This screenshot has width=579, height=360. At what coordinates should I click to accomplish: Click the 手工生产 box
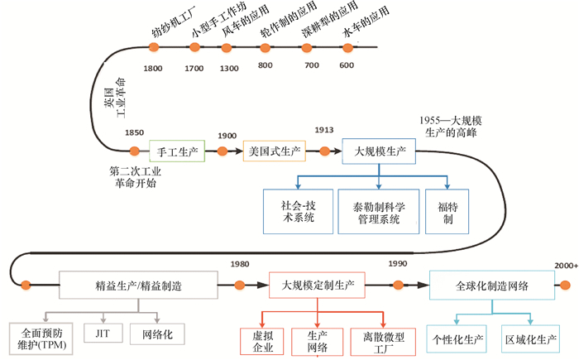click(x=175, y=151)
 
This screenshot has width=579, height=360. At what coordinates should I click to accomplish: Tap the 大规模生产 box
click(x=379, y=152)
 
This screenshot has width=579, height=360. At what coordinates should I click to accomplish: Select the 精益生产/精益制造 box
click(x=145, y=286)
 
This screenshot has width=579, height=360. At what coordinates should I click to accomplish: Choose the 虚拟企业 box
click(x=261, y=340)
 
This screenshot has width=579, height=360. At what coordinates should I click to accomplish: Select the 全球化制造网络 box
click(x=492, y=286)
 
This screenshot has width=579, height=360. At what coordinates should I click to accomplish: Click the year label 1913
click(x=323, y=131)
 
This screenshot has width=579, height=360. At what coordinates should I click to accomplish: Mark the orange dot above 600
click(x=347, y=47)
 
